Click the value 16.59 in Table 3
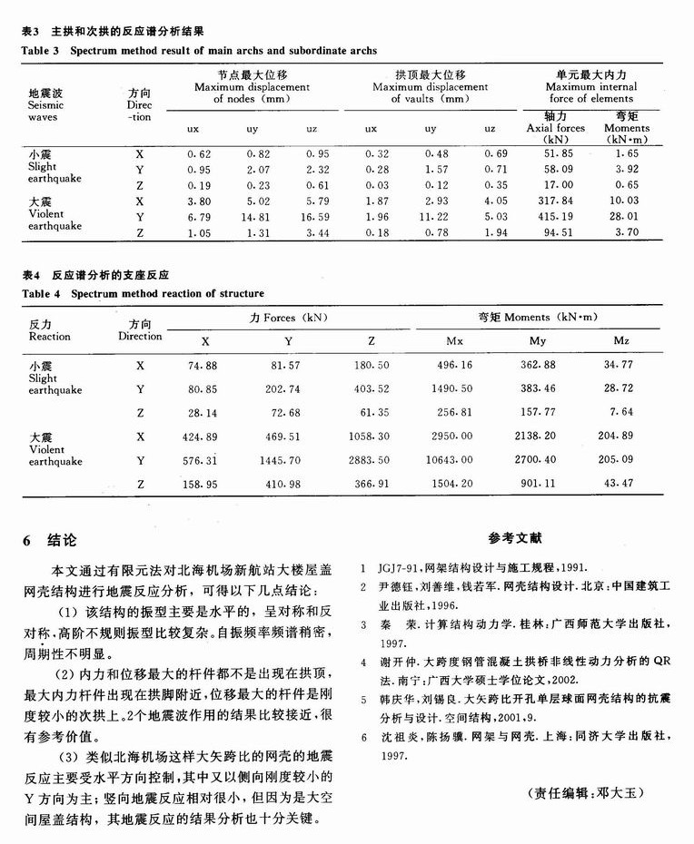[312, 218]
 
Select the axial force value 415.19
[555, 218]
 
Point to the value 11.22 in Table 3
[431, 218]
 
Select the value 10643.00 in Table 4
[454, 461]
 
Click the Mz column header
[621, 341]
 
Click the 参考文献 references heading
[513, 538]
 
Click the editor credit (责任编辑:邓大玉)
[584, 793]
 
